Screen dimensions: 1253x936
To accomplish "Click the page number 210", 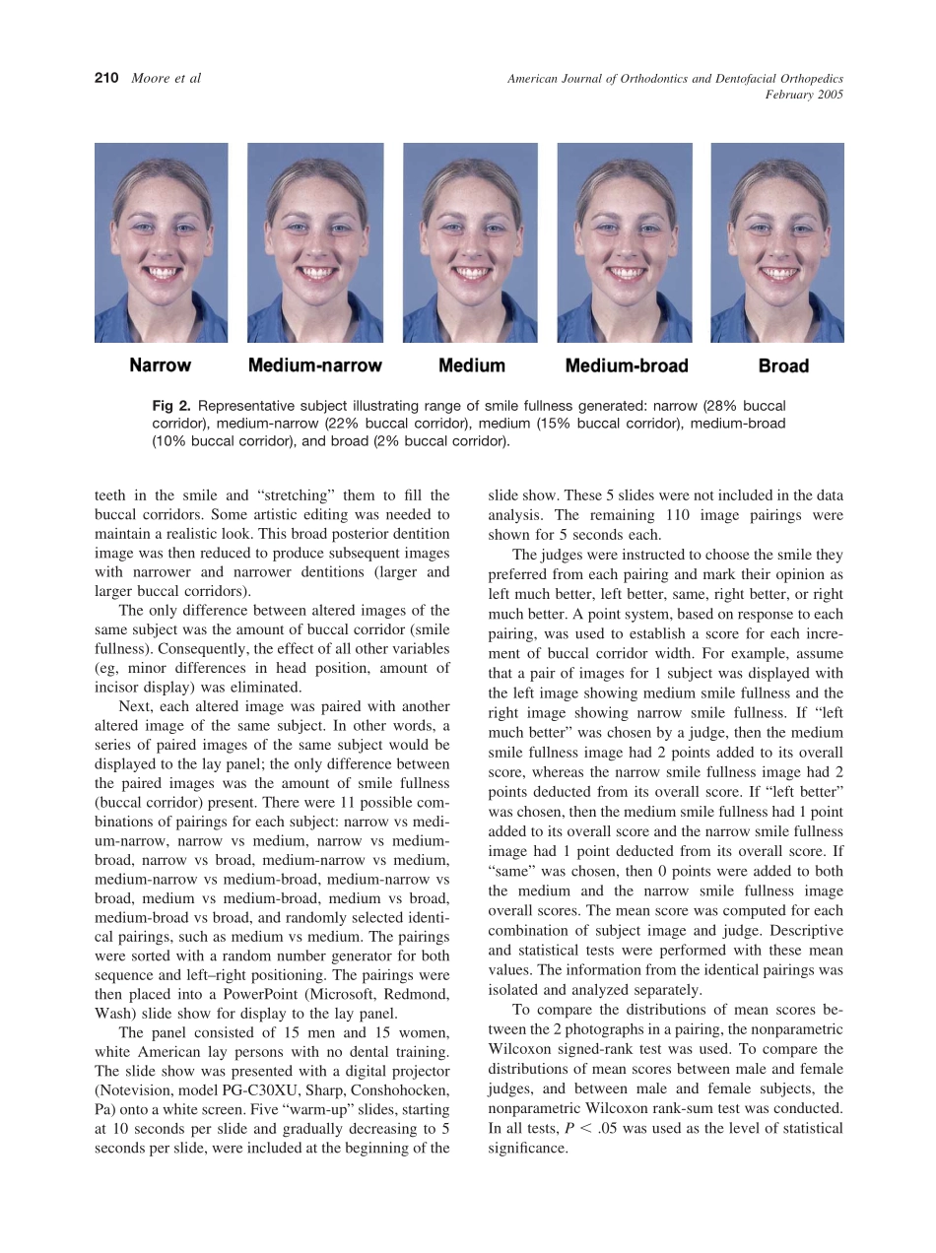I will pos(107,78).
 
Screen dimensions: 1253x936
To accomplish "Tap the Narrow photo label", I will pos(161,365).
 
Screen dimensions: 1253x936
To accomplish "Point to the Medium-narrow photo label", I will pos(314,365).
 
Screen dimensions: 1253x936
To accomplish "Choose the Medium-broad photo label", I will pos(627,365).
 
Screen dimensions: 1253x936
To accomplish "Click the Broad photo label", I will pos(783,365).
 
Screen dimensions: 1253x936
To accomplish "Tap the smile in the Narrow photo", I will pos(161,270).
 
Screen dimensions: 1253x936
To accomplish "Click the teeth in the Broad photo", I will pos(778,270).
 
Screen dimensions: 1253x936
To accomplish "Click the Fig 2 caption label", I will pos(168,406).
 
